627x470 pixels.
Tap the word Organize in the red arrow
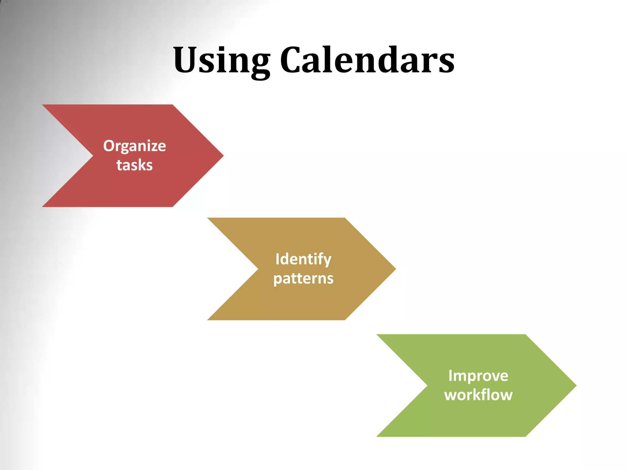(x=134, y=146)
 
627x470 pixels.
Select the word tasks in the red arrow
(x=134, y=165)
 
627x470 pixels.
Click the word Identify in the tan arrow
(x=303, y=259)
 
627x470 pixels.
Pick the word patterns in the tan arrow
(x=303, y=278)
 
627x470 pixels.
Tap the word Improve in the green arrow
(x=478, y=376)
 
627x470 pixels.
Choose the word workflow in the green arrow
(x=478, y=395)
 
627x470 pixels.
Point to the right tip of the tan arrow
(x=395, y=269)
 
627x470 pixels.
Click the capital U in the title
(x=187, y=60)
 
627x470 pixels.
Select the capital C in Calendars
(x=294, y=60)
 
